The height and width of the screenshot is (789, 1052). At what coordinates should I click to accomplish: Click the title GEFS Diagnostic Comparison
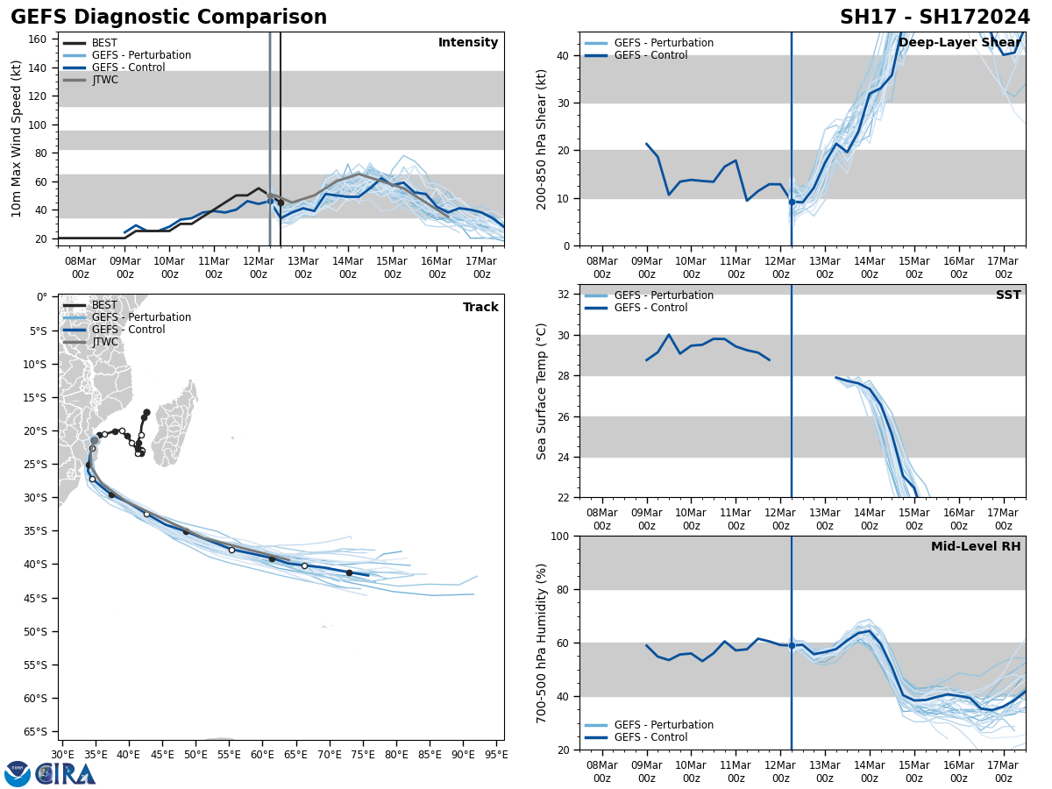click(x=168, y=18)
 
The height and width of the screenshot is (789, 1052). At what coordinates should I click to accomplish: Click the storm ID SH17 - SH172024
click(x=935, y=18)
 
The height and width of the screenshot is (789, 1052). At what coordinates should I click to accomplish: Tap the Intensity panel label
click(x=468, y=43)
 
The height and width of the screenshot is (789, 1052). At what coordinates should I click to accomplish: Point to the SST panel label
click(x=1008, y=295)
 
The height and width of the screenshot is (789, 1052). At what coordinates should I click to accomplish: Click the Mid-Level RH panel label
click(x=976, y=547)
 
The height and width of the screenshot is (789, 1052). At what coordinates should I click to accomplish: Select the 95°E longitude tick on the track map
click(x=496, y=754)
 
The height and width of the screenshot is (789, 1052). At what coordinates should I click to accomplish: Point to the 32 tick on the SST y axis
click(x=565, y=295)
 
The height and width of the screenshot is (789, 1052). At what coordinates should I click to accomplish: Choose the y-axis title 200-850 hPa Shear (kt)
click(x=543, y=139)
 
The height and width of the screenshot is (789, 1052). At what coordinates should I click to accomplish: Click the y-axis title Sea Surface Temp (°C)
click(x=543, y=391)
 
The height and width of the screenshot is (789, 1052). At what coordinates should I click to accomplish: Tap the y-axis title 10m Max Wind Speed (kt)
click(x=17, y=139)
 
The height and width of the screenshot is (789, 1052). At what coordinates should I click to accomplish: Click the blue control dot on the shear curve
click(x=792, y=202)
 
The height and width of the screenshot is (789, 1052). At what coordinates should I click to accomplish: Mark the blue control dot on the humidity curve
click(x=792, y=645)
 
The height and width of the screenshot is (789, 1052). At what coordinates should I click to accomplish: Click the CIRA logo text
click(x=67, y=774)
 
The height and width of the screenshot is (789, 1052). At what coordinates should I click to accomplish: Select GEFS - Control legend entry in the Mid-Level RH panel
click(x=650, y=737)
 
